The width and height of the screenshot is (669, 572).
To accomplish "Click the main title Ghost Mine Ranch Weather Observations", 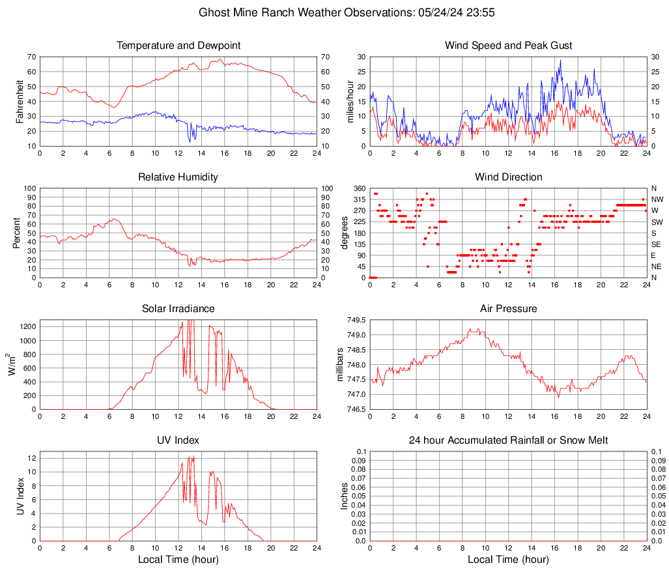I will pyautogui.click(x=333, y=12).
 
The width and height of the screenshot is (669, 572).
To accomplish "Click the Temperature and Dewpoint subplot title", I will pyautogui.click(x=178, y=46).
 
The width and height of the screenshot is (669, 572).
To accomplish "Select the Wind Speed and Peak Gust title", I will pyautogui.click(x=508, y=46).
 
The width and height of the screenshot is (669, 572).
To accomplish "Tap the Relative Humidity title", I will pyautogui.click(x=178, y=177).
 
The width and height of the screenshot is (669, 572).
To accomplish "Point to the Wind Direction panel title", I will pyautogui.click(x=508, y=177).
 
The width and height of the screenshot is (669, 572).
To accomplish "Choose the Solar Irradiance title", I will pyautogui.click(x=178, y=309).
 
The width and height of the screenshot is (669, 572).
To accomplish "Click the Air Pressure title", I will pyautogui.click(x=508, y=309).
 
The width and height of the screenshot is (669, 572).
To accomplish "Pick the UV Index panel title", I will pyautogui.click(x=178, y=440).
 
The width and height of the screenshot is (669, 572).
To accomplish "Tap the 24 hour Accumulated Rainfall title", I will pyautogui.click(x=508, y=440).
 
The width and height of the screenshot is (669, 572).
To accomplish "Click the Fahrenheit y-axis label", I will pyautogui.click(x=20, y=101).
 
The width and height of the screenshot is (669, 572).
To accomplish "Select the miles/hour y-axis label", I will pyautogui.click(x=350, y=101).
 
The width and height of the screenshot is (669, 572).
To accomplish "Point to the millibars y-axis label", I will pyautogui.click(x=339, y=365).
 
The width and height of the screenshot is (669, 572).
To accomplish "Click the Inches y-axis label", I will pyautogui.click(x=345, y=496).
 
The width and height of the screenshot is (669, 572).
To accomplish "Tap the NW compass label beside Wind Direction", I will pyautogui.click(x=657, y=199).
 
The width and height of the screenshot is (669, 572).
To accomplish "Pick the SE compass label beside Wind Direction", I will pyautogui.click(x=657, y=244).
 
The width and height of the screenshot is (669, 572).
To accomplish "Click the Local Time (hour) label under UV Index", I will pyautogui.click(x=178, y=560).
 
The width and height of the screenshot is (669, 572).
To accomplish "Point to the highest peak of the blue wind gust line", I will pyautogui.click(x=560, y=61).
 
